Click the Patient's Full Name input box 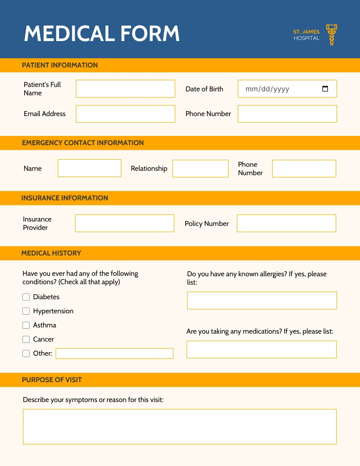[125, 89]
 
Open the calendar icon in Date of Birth [325, 89]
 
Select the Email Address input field [125, 114]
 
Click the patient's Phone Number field [287, 114]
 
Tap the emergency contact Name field [90, 168]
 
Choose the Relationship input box [200, 169]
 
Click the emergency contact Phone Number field [304, 169]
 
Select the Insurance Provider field [124, 223]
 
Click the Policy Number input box [286, 223]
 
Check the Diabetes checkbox [26, 297]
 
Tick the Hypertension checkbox [26, 311]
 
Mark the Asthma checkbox [26, 325]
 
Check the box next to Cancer [26, 339]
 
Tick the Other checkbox [26, 353]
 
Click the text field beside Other [114, 353]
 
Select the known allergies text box [262, 301]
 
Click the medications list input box [262, 349]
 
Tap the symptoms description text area [180, 426]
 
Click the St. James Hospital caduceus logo [331, 34]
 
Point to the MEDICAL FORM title [102, 34]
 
